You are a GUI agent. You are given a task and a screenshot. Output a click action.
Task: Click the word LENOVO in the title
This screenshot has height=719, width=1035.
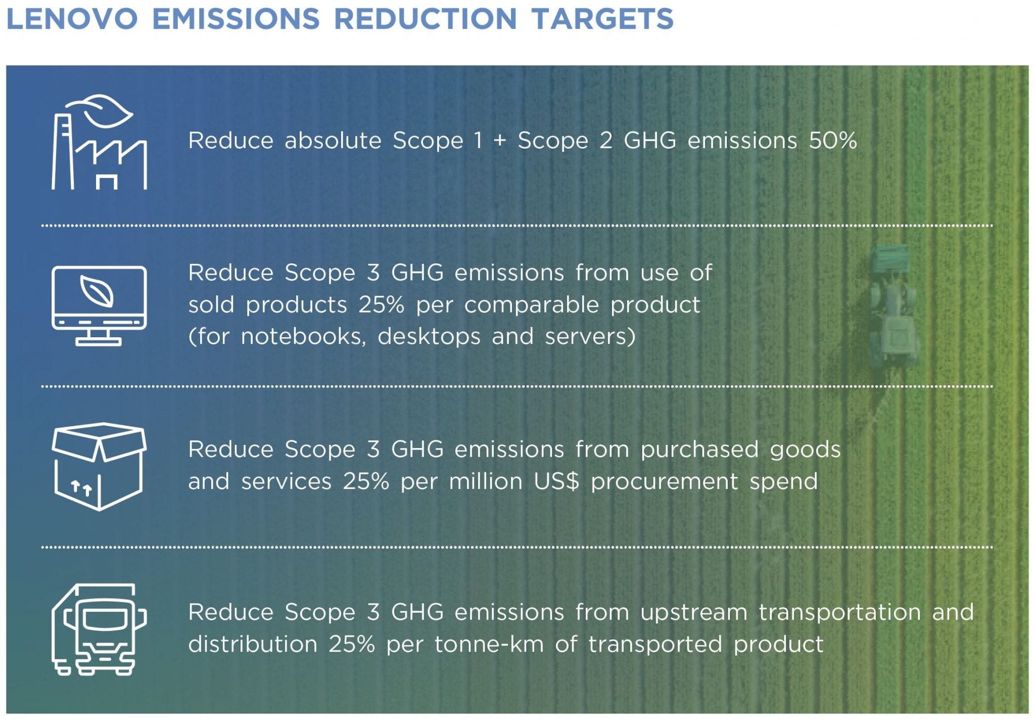click(72, 19)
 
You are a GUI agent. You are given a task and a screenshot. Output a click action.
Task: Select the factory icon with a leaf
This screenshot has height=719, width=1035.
click(99, 142)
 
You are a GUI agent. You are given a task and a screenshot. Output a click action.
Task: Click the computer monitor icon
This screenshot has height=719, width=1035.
click(99, 305)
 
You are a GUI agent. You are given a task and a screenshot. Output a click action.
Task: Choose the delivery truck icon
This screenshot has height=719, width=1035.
click(99, 629)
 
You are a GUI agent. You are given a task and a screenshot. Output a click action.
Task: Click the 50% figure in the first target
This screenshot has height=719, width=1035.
click(832, 141)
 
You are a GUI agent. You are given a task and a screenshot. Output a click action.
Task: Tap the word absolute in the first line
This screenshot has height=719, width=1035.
click(333, 141)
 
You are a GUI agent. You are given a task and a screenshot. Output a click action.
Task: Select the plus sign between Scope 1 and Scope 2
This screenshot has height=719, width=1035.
click(499, 141)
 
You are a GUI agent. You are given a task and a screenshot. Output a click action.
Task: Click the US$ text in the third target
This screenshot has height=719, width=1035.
click(556, 481)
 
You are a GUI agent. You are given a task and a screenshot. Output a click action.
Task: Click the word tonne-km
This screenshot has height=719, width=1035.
click(489, 644)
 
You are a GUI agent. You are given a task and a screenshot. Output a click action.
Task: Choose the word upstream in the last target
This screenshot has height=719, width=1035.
click(693, 613)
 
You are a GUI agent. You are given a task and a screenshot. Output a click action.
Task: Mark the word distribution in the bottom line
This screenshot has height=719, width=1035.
click(253, 644)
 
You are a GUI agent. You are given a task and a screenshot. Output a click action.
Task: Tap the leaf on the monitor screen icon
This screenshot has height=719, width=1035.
click(97, 292)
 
